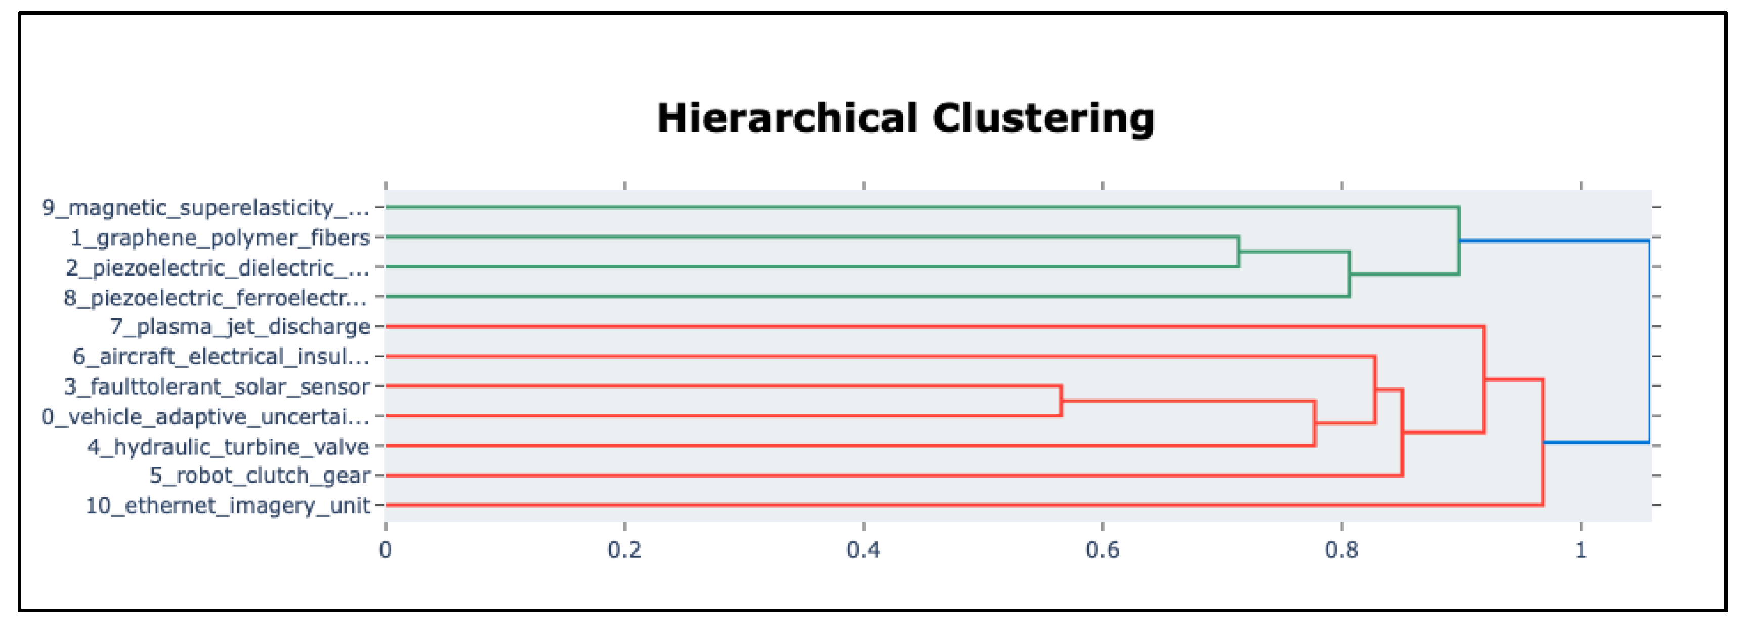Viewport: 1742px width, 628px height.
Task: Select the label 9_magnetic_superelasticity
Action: coord(205,207)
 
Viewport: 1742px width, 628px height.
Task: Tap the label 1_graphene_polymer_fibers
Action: coord(220,238)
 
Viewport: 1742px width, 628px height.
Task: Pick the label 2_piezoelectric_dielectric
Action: coord(217,268)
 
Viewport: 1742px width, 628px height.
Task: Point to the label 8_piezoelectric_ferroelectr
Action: coord(216,298)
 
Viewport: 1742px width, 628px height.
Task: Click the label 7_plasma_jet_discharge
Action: coord(239,327)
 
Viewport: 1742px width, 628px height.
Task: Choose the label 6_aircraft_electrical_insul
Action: coord(221,357)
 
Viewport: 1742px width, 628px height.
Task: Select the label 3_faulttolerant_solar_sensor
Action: coord(217,386)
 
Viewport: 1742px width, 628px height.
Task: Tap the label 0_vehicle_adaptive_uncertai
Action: coord(205,416)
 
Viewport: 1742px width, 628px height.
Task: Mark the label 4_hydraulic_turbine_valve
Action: coord(228,447)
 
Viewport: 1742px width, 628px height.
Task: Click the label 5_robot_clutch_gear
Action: coord(260,476)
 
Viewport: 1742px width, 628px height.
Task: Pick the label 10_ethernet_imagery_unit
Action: coord(227,505)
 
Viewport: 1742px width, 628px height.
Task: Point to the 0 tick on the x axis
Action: coord(386,550)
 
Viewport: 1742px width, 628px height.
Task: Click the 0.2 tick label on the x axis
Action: coord(624,550)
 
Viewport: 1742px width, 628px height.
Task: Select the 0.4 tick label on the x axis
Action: coord(864,550)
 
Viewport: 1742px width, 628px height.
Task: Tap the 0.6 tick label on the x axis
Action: coord(1102,550)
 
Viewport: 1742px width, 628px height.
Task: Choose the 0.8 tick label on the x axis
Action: coord(1342,550)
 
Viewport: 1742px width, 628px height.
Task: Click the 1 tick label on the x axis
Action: coord(1581,550)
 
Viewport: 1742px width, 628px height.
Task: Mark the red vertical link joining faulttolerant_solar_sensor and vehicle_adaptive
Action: coord(1061,401)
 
